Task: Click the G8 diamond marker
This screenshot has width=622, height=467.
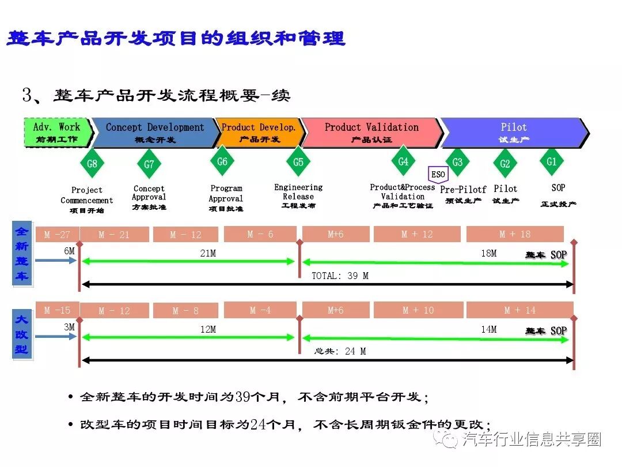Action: click(x=92, y=164)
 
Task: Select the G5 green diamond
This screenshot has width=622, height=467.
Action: click(x=298, y=163)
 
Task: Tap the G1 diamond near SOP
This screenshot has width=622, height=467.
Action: click(x=552, y=162)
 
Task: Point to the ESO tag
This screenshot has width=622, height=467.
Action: click(x=438, y=175)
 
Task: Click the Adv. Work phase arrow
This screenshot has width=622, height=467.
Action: click(x=58, y=132)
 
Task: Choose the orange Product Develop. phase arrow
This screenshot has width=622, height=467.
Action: click(x=258, y=132)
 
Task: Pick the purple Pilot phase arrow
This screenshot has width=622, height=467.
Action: click(x=514, y=132)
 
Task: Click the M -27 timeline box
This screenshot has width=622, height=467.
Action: click(x=57, y=235)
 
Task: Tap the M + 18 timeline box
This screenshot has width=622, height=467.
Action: click(x=515, y=234)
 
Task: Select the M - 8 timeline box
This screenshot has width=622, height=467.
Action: click(x=185, y=311)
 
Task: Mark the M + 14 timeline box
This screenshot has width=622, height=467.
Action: click(x=519, y=310)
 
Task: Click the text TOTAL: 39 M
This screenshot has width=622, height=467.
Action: click(x=340, y=276)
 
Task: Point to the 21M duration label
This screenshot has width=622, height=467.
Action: click(x=208, y=253)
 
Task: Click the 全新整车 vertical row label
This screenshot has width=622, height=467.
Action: click(x=22, y=254)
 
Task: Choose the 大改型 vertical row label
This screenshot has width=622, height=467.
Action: click(x=22, y=334)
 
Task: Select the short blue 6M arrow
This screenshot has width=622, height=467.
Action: click(x=55, y=261)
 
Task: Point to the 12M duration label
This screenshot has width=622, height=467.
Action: click(x=208, y=329)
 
